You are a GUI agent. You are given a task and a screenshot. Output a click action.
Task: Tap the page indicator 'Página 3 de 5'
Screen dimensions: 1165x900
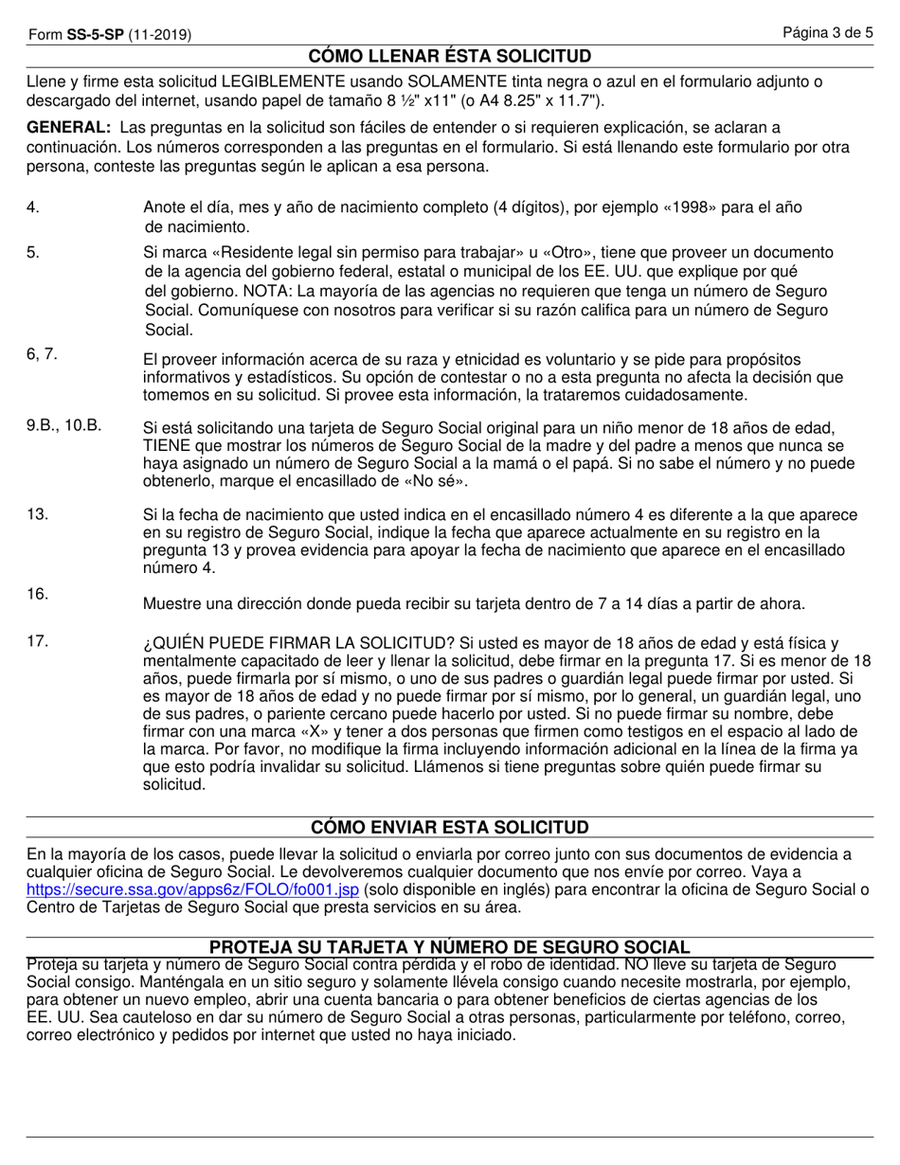pyautogui.click(x=827, y=34)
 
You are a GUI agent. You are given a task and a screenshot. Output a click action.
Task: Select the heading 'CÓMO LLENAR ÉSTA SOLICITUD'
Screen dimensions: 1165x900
pyautogui.click(x=450, y=56)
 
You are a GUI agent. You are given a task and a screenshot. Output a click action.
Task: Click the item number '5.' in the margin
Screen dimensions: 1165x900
pyautogui.click(x=33, y=253)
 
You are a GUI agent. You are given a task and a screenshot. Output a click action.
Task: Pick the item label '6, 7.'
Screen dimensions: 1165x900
pyautogui.click(x=42, y=354)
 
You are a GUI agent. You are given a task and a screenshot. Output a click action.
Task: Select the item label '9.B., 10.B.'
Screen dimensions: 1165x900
pyautogui.click(x=63, y=425)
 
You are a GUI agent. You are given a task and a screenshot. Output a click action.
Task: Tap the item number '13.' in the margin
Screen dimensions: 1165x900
pyautogui.click(x=37, y=514)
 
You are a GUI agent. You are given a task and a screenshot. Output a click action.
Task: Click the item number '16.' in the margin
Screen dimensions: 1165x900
pyautogui.click(x=37, y=594)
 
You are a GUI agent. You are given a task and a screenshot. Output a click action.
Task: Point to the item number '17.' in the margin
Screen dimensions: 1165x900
pyautogui.click(x=37, y=641)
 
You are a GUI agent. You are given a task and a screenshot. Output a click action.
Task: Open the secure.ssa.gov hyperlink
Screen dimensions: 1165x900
pyautogui.click(x=193, y=890)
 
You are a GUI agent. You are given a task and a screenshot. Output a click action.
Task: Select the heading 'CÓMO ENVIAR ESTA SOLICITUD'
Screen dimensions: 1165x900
pyautogui.click(x=450, y=827)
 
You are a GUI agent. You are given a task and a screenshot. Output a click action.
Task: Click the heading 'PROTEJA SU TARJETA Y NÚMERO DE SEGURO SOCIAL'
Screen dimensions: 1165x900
pyautogui.click(x=450, y=947)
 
